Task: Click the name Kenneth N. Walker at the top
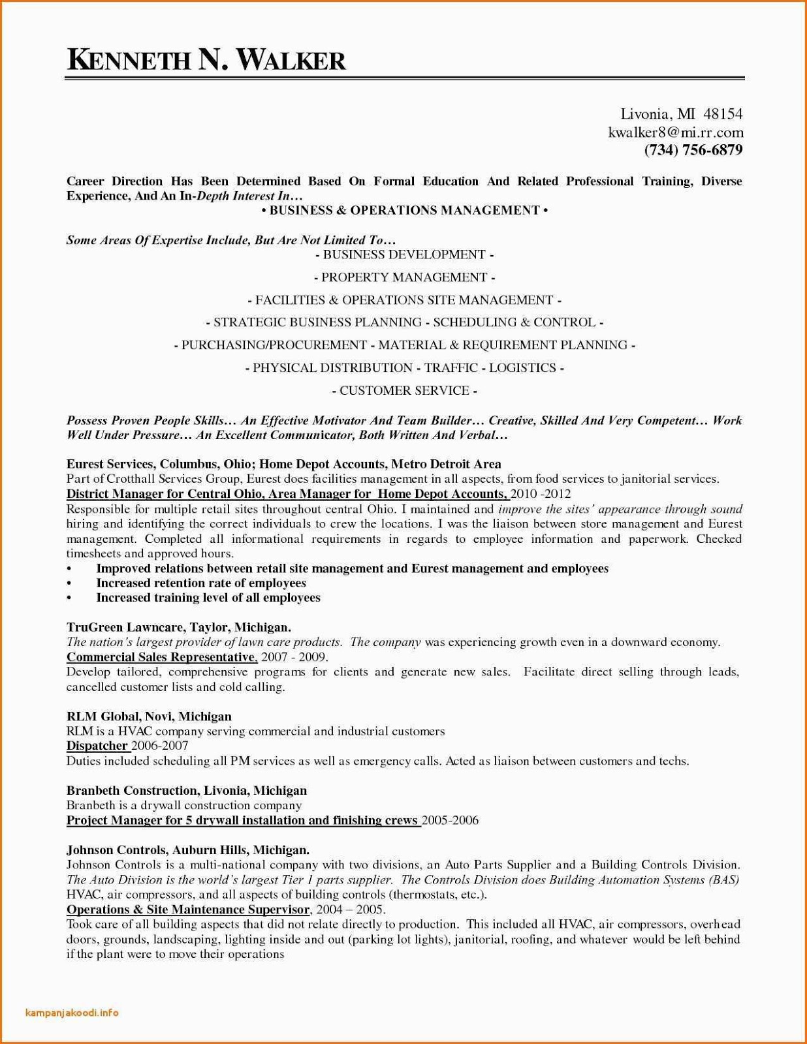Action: (206, 60)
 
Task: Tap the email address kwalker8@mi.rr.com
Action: (675, 132)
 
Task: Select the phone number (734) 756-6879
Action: (693, 150)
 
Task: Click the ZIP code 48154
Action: (722, 114)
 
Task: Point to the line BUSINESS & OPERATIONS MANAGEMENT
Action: (404, 210)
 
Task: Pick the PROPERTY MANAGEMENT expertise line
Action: (404, 277)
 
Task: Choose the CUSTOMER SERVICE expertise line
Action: (404, 391)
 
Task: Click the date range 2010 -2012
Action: (541, 494)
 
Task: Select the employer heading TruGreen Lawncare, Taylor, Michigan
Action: (179, 628)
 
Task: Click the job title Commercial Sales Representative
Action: (161, 657)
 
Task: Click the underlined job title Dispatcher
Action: (97, 746)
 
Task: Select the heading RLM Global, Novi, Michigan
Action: (149, 716)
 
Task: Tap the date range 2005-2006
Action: (450, 820)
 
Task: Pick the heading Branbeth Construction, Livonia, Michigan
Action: (187, 791)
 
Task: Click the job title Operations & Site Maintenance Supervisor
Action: (188, 910)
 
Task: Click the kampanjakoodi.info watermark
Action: (72, 1013)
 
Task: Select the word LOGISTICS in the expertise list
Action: (522, 368)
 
